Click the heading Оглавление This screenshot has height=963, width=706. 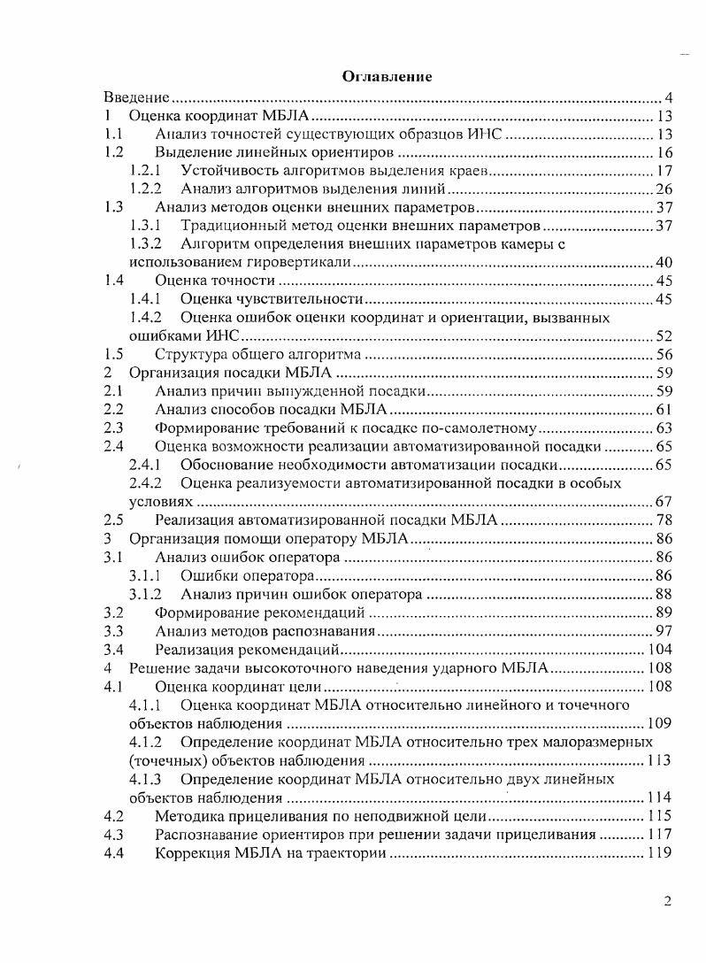[387, 77]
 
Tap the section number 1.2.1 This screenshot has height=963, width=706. [145, 170]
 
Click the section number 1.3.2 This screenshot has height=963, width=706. [145, 243]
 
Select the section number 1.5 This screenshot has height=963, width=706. [112, 354]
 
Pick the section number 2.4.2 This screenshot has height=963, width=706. [145, 483]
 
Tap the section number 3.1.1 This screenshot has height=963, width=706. [145, 575]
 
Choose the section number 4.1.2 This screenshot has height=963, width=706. [145, 741]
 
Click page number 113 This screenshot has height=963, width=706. [660, 759]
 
